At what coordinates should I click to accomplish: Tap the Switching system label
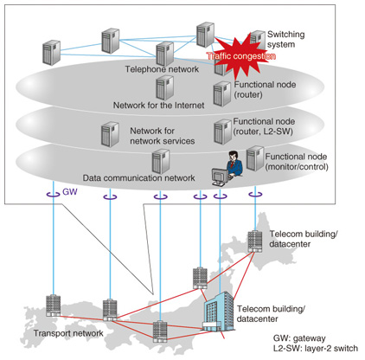click(x=285, y=39)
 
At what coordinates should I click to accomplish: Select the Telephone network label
click(x=162, y=69)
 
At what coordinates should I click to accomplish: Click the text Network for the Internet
click(x=158, y=105)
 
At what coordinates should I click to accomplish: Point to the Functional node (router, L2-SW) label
click(x=264, y=126)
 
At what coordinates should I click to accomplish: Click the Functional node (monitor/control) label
click(x=297, y=162)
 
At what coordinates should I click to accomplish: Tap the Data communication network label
click(x=138, y=178)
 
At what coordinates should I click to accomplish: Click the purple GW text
click(x=70, y=192)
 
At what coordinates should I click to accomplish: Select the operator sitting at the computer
click(x=234, y=164)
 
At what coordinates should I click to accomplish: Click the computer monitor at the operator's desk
click(x=219, y=177)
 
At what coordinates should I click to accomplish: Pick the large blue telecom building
click(x=218, y=312)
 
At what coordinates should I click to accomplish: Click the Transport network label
click(x=68, y=333)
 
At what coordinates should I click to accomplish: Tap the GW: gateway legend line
click(x=299, y=338)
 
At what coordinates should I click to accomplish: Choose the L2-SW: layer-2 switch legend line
click(x=316, y=348)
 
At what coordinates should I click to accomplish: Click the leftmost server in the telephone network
click(x=51, y=53)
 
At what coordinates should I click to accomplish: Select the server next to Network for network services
click(x=110, y=134)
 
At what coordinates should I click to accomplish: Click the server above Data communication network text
click(x=161, y=162)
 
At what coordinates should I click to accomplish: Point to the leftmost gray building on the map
click(x=54, y=305)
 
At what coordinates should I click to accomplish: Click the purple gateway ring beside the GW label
click(x=54, y=195)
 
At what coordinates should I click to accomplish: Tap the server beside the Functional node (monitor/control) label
click(x=255, y=158)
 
